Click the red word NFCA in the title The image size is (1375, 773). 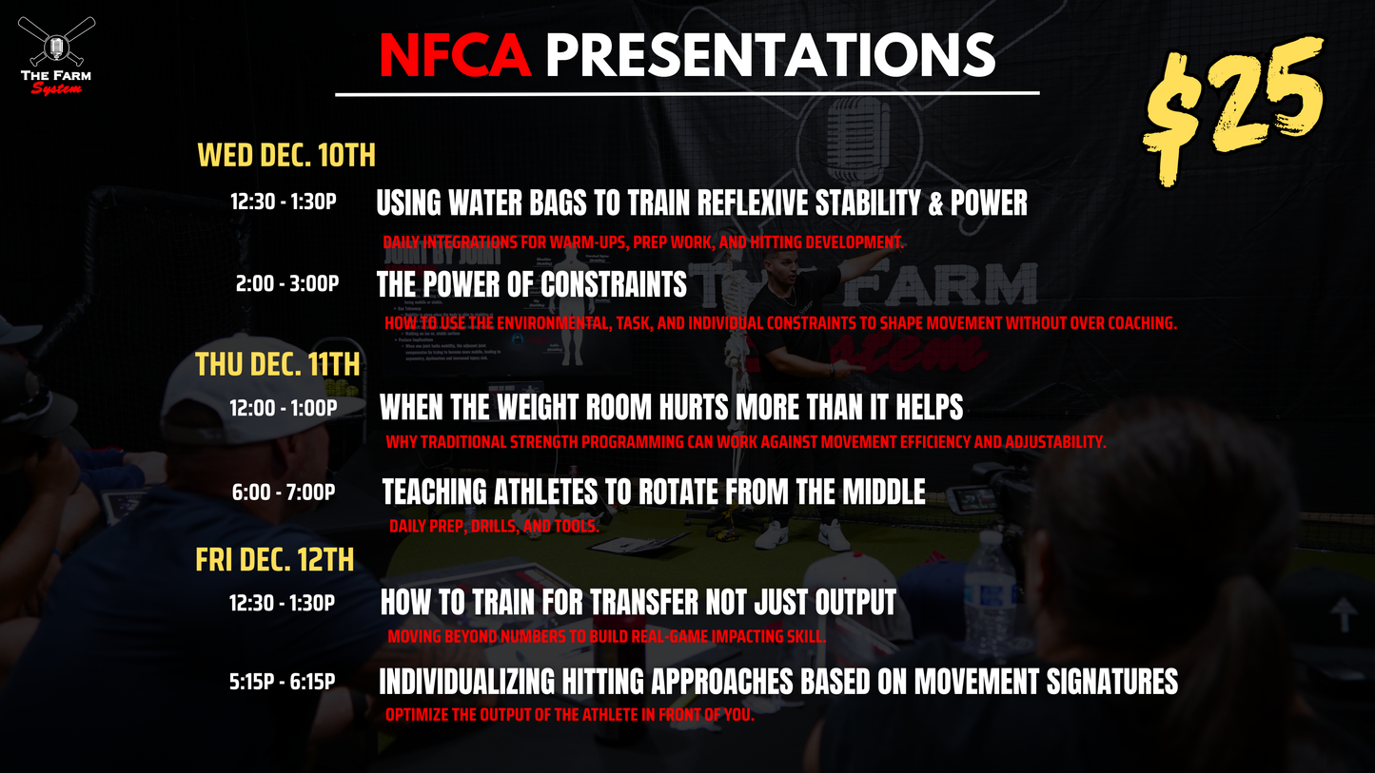(455, 56)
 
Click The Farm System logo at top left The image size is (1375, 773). (57, 55)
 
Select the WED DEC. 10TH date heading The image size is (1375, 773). (286, 155)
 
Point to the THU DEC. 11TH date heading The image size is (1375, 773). (278, 364)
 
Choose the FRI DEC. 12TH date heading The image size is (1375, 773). (275, 560)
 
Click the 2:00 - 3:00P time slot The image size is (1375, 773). (287, 283)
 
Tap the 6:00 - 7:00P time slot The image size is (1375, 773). (284, 493)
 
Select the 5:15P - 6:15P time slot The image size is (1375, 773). (282, 682)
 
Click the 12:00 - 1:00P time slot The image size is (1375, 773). (283, 408)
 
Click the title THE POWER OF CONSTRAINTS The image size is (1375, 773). (531, 284)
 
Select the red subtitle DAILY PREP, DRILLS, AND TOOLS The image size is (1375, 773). (493, 526)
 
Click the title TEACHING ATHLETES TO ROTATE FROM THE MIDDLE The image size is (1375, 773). (653, 492)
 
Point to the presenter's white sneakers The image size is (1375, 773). (802, 535)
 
